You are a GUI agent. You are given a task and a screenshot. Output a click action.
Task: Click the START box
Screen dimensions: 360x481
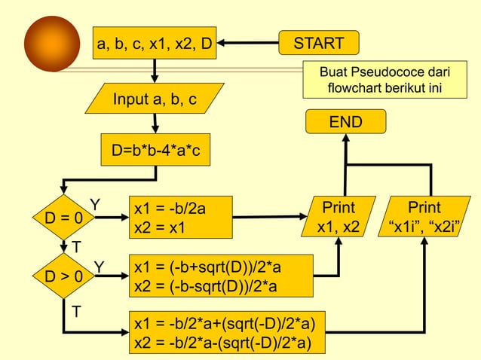[x=319, y=44]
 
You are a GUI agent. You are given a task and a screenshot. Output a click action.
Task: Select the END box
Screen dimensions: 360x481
[x=345, y=122]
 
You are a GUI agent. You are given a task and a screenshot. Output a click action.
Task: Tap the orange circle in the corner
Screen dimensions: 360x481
[x=51, y=44]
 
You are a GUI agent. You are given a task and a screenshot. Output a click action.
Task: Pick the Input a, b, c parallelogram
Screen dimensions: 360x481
[x=155, y=99]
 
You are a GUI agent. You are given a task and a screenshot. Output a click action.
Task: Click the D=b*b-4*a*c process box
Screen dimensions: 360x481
[x=156, y=149]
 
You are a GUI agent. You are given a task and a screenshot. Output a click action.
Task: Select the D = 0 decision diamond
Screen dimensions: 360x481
[x=63, y=218]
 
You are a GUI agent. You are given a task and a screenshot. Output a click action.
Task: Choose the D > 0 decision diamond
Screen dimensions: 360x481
[x=63, y=276]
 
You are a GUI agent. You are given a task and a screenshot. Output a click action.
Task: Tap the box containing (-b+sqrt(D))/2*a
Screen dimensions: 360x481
[x=219, y=276]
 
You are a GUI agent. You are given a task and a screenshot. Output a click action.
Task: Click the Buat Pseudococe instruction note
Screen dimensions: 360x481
[x=384, y=81]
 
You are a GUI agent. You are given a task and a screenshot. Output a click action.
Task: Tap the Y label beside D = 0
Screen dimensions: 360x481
[x=96, y=205]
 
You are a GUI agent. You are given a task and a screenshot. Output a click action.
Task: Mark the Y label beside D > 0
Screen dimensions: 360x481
[x=99, y=265]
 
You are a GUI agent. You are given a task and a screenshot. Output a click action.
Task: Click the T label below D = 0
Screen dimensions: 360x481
[x=76, y=247]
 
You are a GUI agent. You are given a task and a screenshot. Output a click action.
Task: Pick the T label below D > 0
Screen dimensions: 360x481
[x=76, y=310]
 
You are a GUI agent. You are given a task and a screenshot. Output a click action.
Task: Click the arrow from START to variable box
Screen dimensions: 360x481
[x=249, y=44]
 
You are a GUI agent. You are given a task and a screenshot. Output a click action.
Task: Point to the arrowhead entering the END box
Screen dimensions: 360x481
[x=345, y=140]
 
